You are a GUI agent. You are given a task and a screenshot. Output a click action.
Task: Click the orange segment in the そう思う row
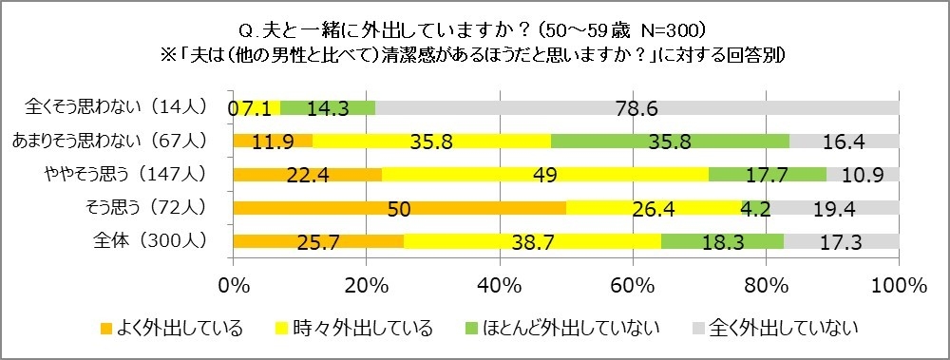pyautogui.click(x=399, y=208)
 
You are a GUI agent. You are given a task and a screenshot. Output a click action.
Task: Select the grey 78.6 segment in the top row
pyautogui.click(x=636, y=108)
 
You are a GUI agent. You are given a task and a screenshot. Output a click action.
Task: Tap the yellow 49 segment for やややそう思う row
pyautogui.click(x=545, y=175)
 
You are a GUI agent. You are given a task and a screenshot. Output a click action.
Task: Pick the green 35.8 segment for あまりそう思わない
pyautogui.click(x=670, y=142)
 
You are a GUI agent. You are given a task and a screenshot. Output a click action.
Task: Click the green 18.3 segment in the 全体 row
pyautogui.click(x=722, y=241)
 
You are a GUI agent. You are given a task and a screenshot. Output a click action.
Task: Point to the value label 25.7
pyautogui.click(x=318, y=242)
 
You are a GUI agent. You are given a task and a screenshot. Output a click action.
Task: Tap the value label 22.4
pyautogui.click(x=308, y=176)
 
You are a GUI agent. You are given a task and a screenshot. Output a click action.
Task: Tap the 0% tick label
pyautogui.click(x=234, y=285)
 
